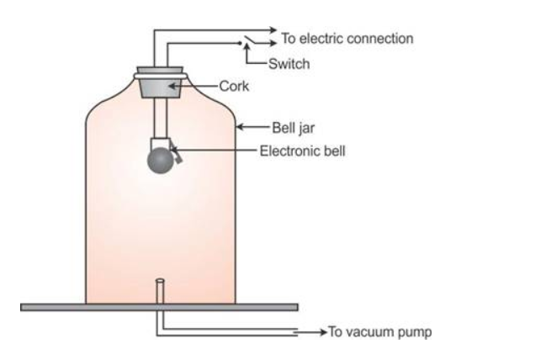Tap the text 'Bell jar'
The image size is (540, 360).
click(291, 129)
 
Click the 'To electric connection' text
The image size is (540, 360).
click(347, 39)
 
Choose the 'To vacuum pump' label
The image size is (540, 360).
click(379, 332)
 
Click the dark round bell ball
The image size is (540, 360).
click(161, 161)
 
